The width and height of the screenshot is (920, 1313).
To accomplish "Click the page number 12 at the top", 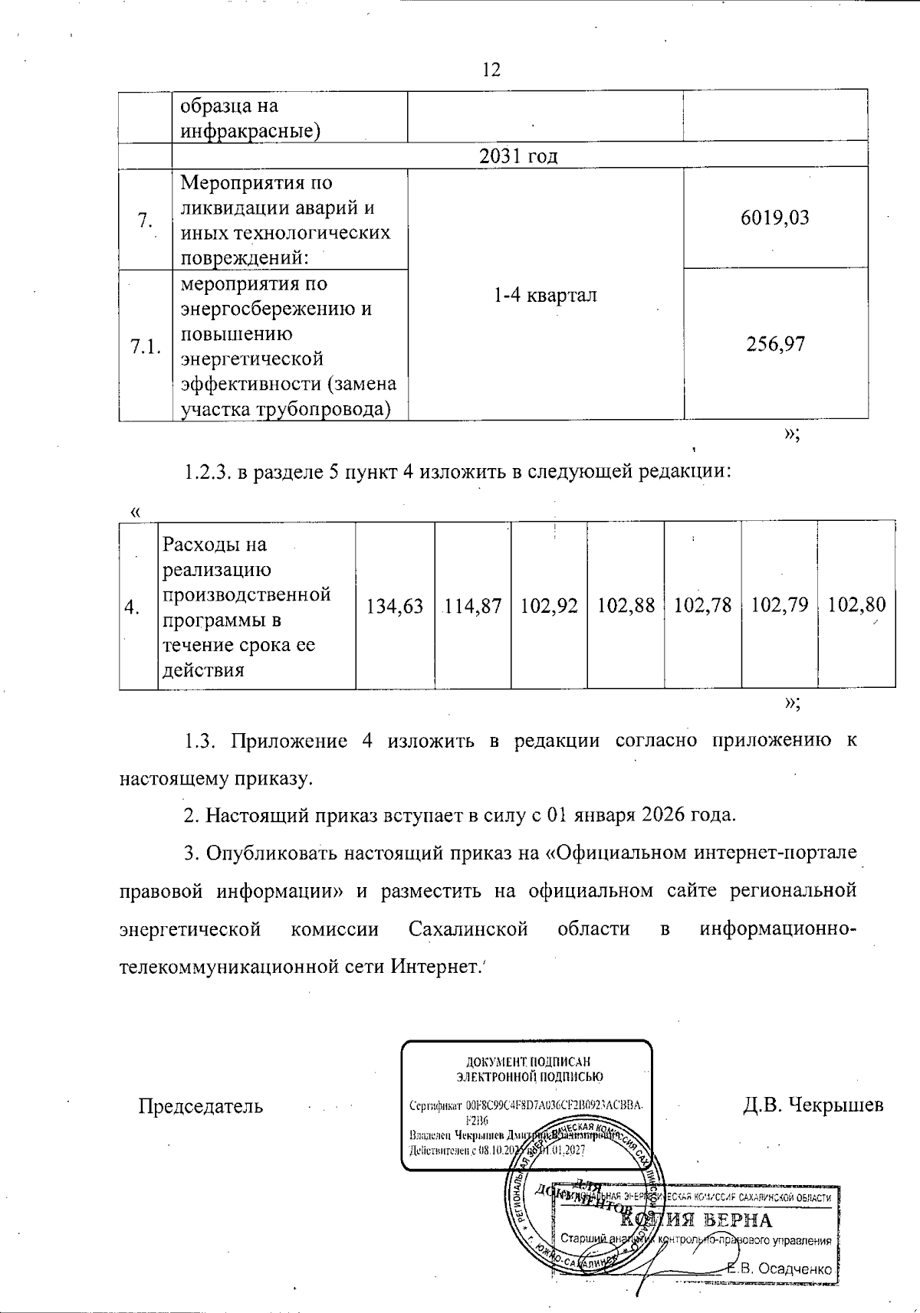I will [491, 70].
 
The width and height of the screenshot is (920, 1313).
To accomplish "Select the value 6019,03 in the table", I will [774, 218].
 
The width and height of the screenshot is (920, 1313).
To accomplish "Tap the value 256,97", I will [776, 345].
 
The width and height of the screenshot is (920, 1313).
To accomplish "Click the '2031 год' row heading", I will [518, 156].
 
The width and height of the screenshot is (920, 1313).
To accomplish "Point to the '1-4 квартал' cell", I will [544, 296].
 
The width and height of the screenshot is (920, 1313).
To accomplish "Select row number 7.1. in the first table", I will [145, 347].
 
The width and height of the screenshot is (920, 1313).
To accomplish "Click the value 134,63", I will [395, 607].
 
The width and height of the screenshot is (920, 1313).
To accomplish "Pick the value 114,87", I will [472, 607].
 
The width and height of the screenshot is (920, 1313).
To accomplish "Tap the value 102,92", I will [549, 607].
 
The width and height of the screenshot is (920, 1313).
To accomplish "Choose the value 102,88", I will [626, 607].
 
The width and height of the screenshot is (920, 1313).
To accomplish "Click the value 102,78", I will [702, 607].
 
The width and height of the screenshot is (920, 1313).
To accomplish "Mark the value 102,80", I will [856, 607].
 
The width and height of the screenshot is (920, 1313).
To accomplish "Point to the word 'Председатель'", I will [200, 1106].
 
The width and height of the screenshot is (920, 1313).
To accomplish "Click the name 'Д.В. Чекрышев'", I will [813, 1105].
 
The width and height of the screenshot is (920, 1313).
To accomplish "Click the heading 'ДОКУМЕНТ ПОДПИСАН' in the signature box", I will [529, 1062].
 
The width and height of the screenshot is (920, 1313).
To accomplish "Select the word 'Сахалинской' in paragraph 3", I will [468, 930].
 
